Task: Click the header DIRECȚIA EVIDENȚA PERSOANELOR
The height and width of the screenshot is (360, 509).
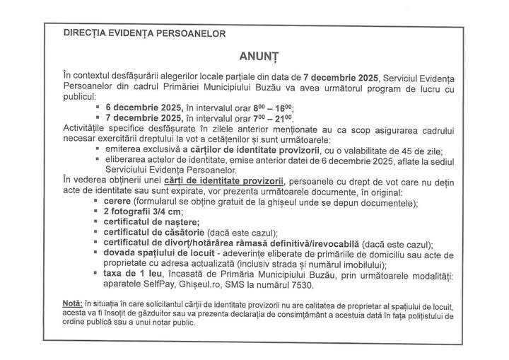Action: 144,33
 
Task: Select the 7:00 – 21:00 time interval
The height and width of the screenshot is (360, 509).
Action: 272,118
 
